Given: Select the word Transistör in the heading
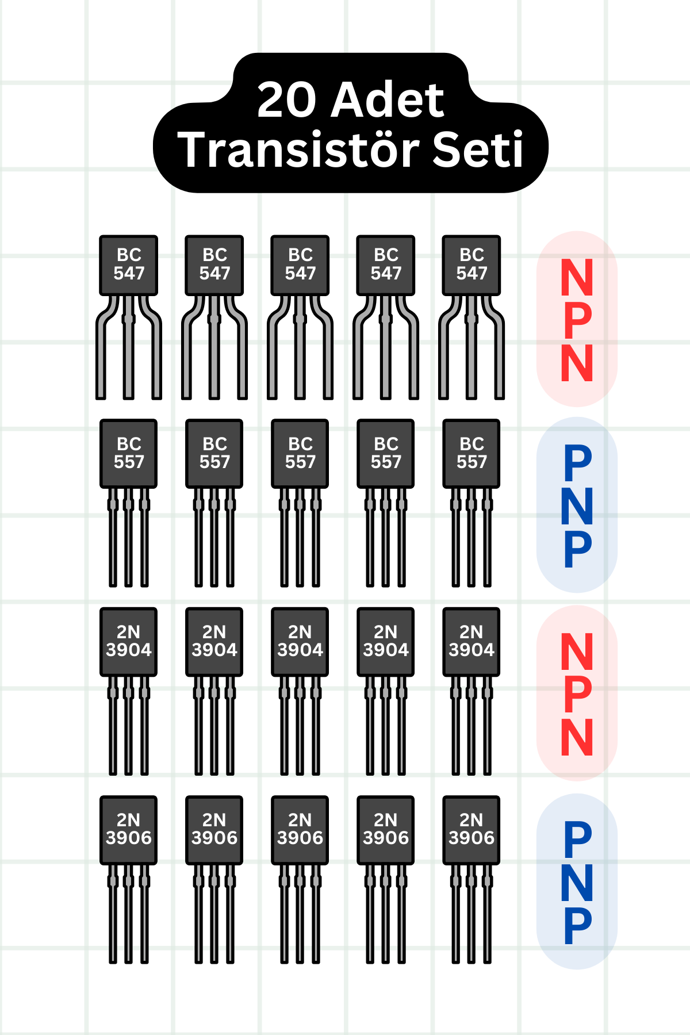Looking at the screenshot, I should click(296, 149).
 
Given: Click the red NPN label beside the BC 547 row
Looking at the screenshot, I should click(577, 319).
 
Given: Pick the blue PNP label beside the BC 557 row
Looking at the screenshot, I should click(577, 505).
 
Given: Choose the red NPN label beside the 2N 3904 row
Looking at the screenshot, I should click(577, 693).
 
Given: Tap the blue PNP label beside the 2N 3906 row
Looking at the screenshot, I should click(577, 881).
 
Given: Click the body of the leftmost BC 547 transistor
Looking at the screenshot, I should click(128, 265).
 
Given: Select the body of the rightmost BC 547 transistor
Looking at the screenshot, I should click(471, 265).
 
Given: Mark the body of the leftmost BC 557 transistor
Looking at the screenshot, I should click(128, 453).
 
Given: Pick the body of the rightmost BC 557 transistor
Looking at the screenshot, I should click(471, 453).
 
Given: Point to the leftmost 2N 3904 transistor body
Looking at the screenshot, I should click(128, 642).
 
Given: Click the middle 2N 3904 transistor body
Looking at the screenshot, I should click(300, 642).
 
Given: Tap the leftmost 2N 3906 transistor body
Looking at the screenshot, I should click(128, 830).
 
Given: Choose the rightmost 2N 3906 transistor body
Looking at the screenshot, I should click(471, 830).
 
